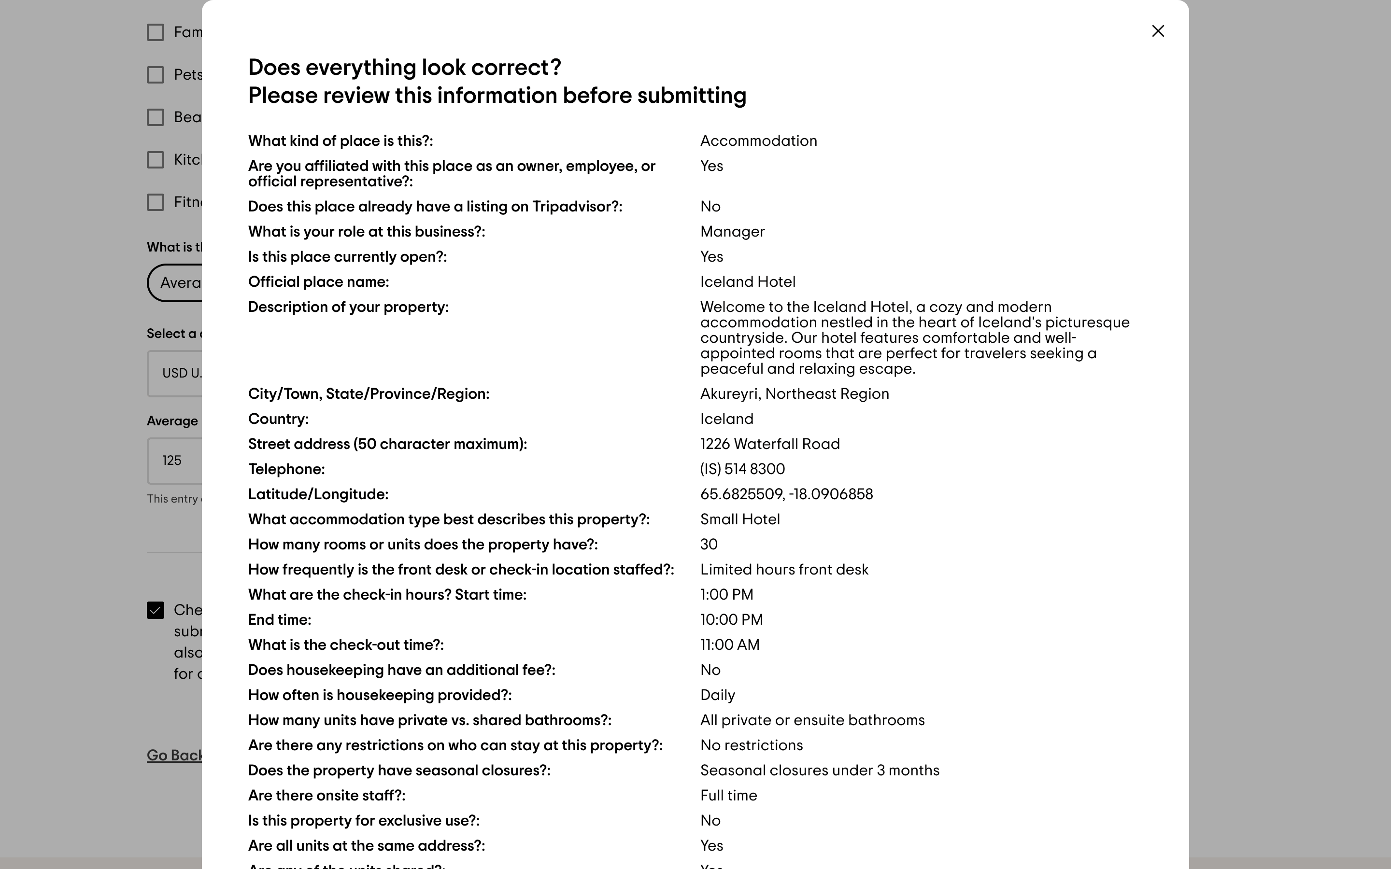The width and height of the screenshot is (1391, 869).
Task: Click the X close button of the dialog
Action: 1158,31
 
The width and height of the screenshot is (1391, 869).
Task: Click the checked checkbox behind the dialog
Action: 155,610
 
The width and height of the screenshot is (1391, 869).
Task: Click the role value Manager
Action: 732,232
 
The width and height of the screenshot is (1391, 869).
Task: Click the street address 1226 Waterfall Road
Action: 770,444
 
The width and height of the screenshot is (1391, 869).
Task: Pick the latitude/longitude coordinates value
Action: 786,495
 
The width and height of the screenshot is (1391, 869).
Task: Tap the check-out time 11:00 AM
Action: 729,645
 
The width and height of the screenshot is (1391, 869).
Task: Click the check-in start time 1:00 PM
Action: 726,595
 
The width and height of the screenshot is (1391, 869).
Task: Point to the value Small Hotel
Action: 740,519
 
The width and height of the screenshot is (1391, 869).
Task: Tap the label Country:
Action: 278,420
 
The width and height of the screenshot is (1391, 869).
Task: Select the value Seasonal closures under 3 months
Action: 820,771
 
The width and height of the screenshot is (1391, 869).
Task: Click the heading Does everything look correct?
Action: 405,68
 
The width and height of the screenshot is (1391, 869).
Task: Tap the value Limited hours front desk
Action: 784,570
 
